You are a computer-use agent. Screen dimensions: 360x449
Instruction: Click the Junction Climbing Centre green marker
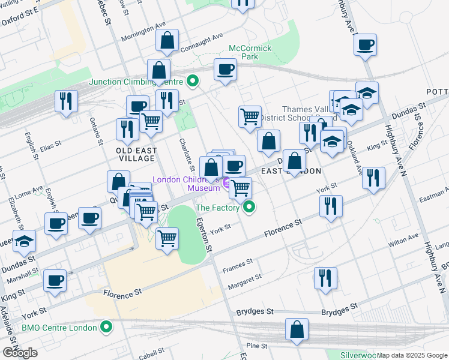coord(193,80)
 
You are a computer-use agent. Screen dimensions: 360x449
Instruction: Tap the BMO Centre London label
coord(59,328)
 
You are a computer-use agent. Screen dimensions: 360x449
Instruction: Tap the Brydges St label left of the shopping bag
coord(255,312)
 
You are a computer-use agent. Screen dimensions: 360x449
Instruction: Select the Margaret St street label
coord(244,280)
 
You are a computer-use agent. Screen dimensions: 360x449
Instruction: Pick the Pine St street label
coord(256,346)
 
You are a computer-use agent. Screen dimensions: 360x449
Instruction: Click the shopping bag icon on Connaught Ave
coord(167,41)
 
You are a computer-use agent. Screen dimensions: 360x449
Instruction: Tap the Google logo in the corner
coord(20,353)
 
